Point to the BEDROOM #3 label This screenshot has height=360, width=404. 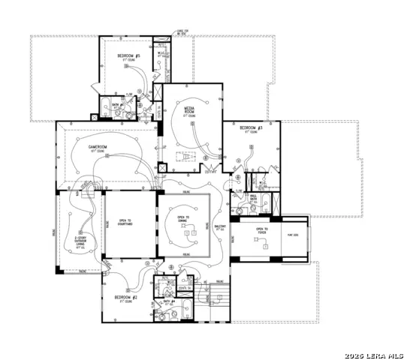251,129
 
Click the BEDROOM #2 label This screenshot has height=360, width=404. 125,298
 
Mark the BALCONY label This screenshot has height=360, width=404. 221,226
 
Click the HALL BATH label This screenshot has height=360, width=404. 254,199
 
